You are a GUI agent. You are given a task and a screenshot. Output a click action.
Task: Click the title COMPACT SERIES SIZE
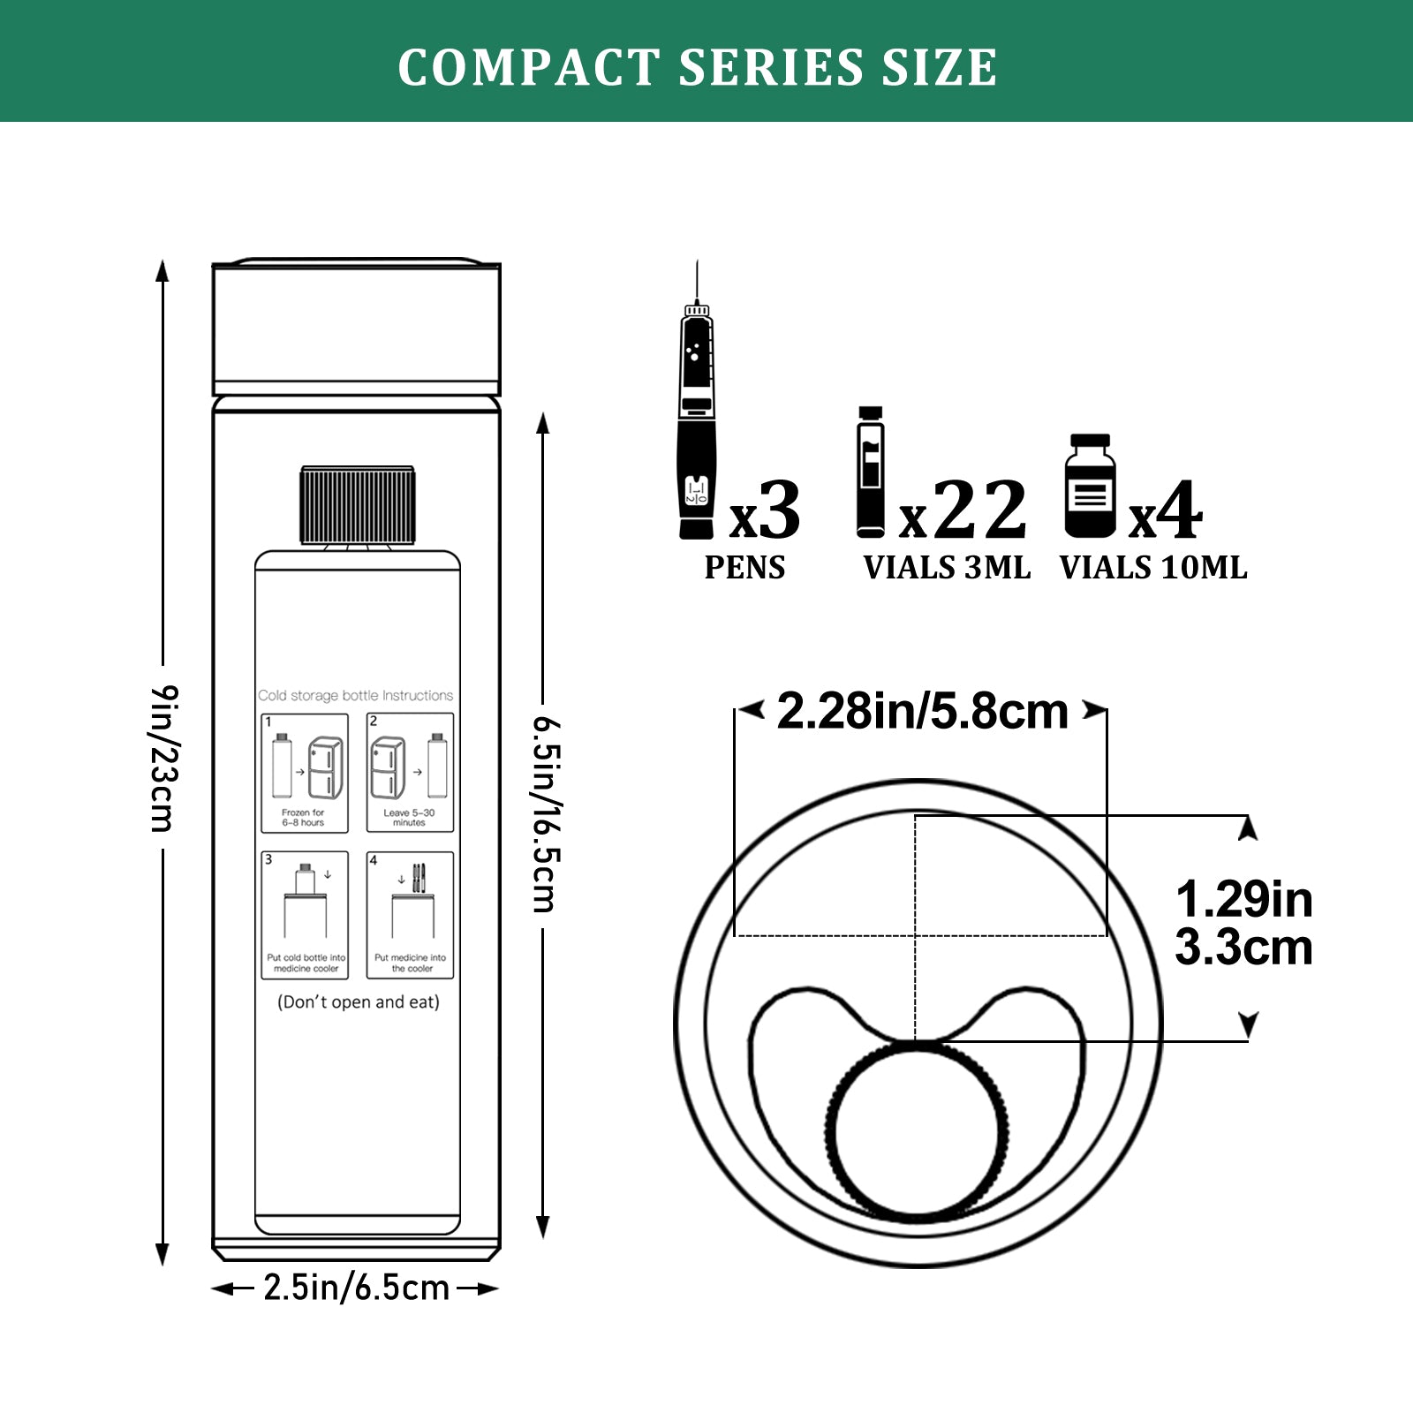click(x=698, y=67)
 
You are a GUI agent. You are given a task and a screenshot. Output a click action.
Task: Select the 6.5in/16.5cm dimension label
click(x=544, y=812)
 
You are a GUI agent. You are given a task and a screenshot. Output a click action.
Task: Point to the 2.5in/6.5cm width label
click(x=356, y=1288)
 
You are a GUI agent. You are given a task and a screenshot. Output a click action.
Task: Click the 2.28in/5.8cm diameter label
click(x=922, y=712)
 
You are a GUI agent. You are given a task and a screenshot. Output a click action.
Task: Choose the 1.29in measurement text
click(x=1243, y=901)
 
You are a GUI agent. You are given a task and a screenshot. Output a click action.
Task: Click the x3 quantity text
click(x=765, y=512)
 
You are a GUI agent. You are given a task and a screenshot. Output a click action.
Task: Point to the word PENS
click(x=744, y=568)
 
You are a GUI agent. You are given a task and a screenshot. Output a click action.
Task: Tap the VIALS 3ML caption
click(x=947, y=568)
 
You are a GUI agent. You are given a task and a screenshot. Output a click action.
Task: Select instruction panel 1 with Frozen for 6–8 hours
click(x=305, y=773)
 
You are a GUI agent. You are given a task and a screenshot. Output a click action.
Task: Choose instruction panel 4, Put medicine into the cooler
click(x=411, y=915)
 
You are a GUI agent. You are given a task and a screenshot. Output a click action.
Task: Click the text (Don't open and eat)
click(x=359, y=1002)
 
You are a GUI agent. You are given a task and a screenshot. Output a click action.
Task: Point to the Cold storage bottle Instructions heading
click(x=356, y=696)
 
